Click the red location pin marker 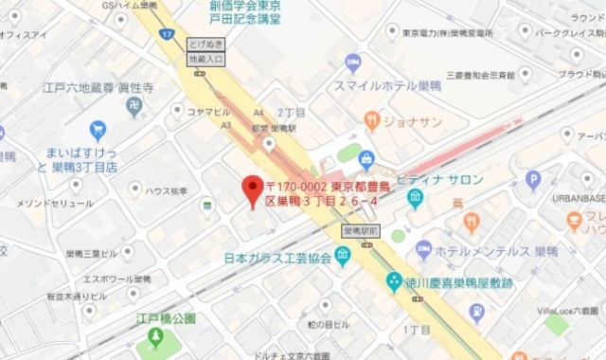pyautogui.click(x=253, y=189)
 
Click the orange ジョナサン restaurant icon pyautogui.click(x=372, y=120)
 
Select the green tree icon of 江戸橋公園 pyautogui.click(x=156, y=336)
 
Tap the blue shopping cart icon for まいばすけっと pyautogui.click(x=98, y=131)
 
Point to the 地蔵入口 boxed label pyautogui.click(x=206, y=60)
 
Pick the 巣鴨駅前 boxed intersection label pyautogui.click(x=360, y=230)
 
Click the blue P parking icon pyautogui.click(x=533, y=178)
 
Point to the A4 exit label pyautogui.click(x=233, y=111)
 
